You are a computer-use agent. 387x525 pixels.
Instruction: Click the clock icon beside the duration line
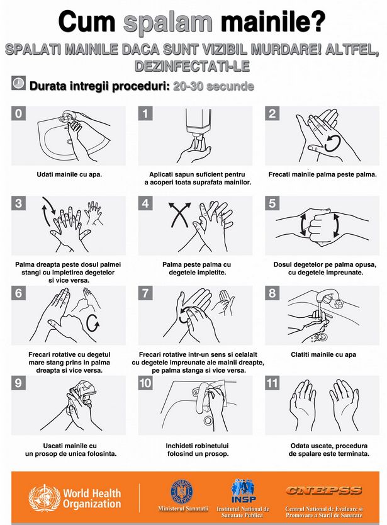18,82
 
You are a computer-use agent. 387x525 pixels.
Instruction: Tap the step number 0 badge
18,113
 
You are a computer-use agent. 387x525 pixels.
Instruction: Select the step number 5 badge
272,203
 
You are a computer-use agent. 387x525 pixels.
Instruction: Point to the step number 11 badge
272,383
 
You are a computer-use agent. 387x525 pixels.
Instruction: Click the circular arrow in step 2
333,144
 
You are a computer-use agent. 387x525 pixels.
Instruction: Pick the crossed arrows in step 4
180,215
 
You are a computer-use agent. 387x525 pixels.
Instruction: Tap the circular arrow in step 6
93,323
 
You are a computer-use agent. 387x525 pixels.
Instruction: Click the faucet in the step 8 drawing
330,299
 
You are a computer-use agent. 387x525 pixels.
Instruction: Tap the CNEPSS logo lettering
323,490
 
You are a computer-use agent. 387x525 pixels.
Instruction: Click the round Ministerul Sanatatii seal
182,492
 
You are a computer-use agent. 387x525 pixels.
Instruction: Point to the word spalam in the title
168,23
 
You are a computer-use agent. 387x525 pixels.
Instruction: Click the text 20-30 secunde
213,86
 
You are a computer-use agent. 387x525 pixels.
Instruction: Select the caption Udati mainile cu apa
69,174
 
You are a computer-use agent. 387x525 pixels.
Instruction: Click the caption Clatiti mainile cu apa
323,354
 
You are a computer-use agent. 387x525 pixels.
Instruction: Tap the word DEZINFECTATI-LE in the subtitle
192,66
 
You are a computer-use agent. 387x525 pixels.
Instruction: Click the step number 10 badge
145,383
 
